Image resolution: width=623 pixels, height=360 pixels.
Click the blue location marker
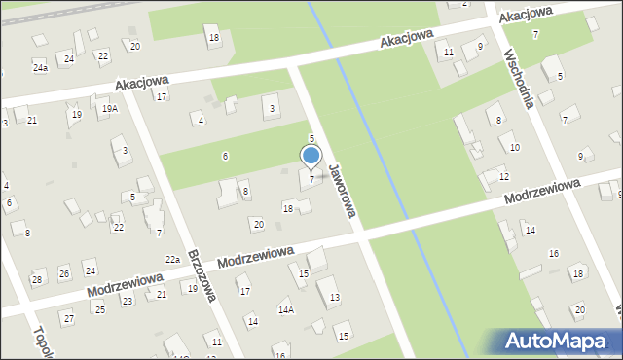pyautogui.click(x=311, y=156)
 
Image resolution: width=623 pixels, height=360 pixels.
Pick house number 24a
pyautogui.click(x=40, y=67)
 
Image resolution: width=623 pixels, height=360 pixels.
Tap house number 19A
pyautogui.click(x=109, y=109)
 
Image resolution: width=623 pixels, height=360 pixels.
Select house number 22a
pyautogui.click(x=172, y=259)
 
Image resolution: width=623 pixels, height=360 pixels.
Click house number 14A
pyautogui.click(x=285, y=310)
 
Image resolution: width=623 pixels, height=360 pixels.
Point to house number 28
pyautogui.click(x=37, y=279)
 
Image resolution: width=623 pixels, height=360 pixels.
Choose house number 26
pyautogui.click(x=64, y=273)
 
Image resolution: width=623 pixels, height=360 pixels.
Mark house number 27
pyautogui.click(x=67, y=318)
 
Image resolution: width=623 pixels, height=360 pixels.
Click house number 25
pyautogui.click(x=99, y=309)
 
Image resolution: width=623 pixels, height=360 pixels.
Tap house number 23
pyautogui.click(x=127, y=302)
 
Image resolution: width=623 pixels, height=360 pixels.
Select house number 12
pyautogui.click(x=503, y=176)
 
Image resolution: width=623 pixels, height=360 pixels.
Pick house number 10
pyautogui.click(x=514, y=147)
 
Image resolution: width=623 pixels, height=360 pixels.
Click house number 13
pyautogui.click(x=334, y=296)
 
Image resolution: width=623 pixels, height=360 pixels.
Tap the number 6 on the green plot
pyautogui.click(x=225, y=156)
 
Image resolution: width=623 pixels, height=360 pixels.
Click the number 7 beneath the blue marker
pyautogui.click(x=311, y=179)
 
